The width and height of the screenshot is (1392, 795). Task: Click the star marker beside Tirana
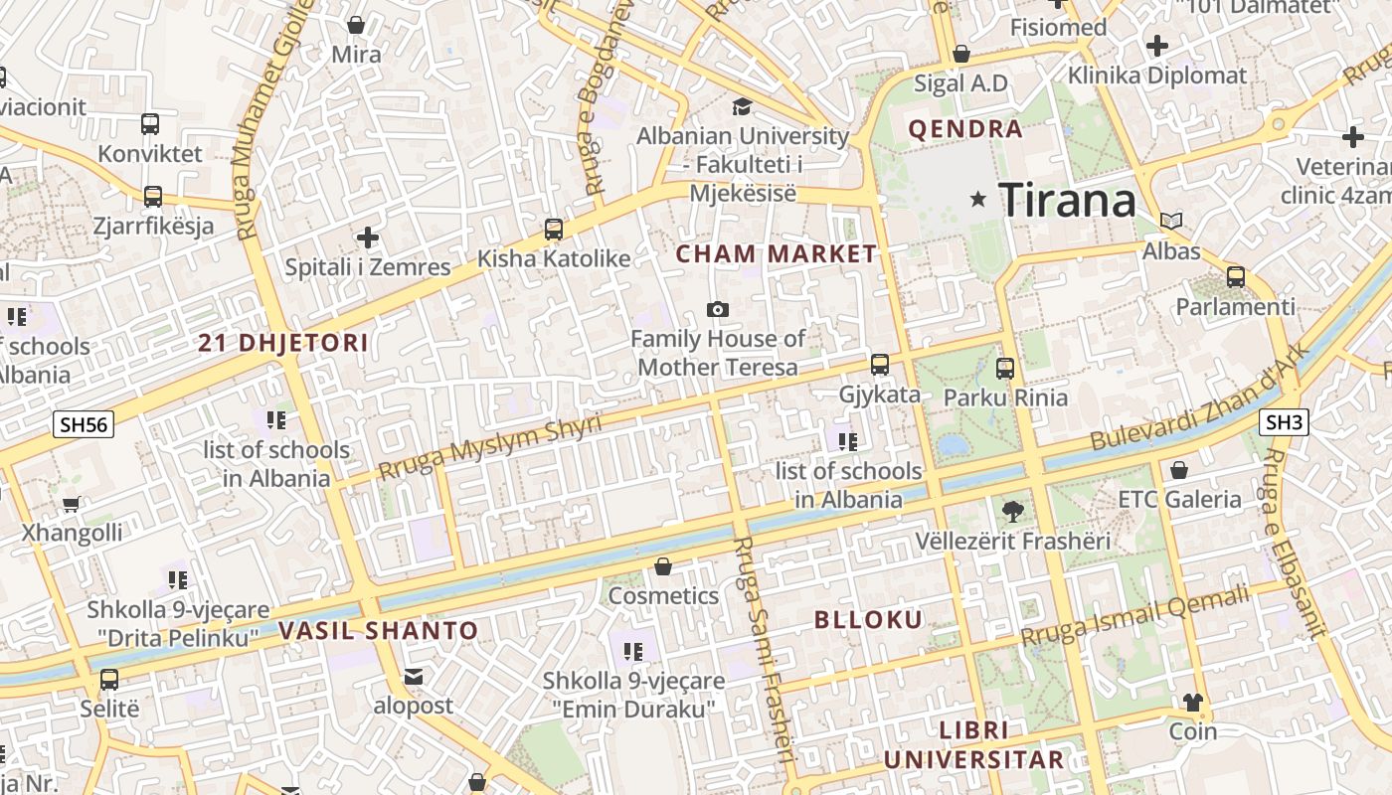(978, 200)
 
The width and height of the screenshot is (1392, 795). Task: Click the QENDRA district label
(965, 129)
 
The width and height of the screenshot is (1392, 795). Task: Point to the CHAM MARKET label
(777, 254)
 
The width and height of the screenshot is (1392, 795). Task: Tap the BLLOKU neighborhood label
(869, 620)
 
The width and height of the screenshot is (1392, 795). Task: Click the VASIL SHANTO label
(378, 630)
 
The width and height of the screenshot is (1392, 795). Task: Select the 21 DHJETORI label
(283, 344)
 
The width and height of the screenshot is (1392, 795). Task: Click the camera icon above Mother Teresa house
(717, 310)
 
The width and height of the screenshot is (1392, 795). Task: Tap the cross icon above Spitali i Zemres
(368, 238)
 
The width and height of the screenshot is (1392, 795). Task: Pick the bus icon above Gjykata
(880, 365)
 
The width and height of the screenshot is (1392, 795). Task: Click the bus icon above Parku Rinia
(1005, 369)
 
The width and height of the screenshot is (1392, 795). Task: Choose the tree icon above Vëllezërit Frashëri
(1012, 512)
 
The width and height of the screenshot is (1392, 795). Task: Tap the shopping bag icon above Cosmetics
(663, 566)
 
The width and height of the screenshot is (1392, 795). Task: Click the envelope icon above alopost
(414, 677)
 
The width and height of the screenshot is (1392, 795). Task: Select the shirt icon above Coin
(1193, 703)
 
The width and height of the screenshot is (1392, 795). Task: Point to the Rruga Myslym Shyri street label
(490, 447)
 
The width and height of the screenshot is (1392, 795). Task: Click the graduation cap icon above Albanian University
(742, 106)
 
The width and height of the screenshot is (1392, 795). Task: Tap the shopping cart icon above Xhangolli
(72, 504)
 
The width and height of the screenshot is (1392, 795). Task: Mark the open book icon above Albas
(1171, 221)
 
